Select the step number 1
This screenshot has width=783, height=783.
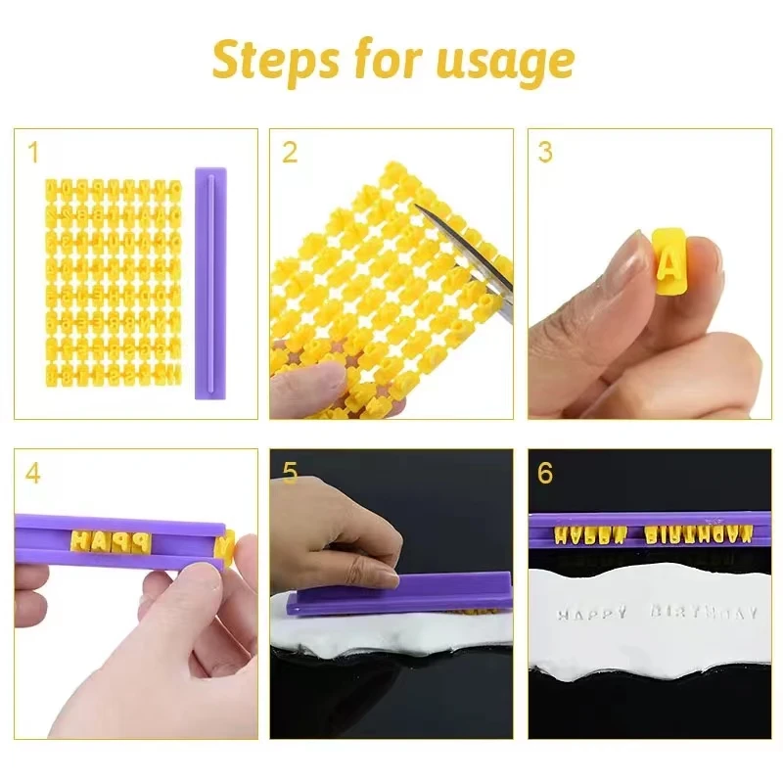[x=34, y=153]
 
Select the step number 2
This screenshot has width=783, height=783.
[x=289, y=153]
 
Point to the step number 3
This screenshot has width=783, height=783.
[x=545, y=153]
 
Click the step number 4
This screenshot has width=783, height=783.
[x=34, y=474]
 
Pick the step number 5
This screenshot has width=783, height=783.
[x=289, y=474]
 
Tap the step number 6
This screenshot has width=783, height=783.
[x=545, y=474]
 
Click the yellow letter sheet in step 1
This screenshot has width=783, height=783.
[x=114, y=280]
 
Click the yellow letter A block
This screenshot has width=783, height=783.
[x=668, y=260]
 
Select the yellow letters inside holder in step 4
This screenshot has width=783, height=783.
[x=108, y=540]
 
